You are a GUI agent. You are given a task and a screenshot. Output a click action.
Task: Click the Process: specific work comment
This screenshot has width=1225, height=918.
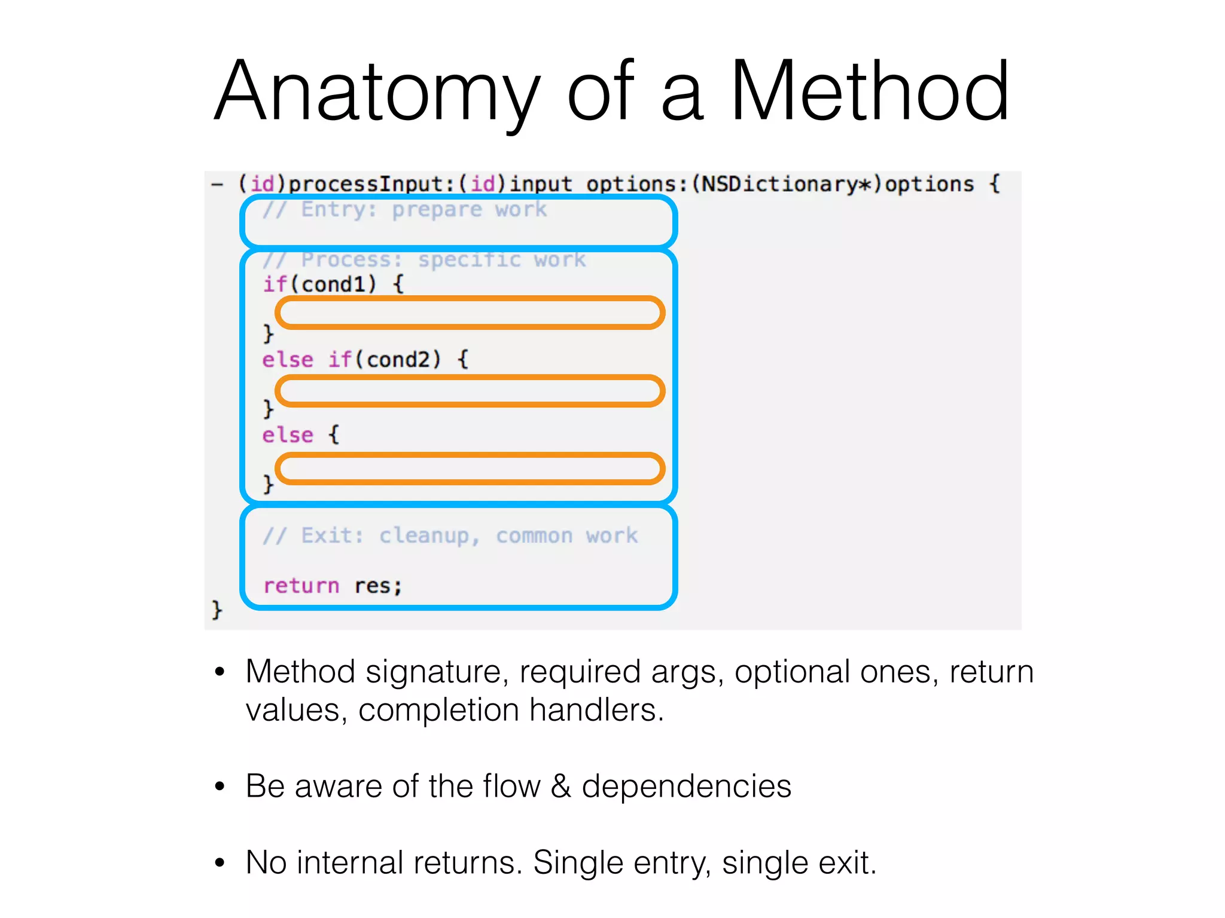[x=425, y=260]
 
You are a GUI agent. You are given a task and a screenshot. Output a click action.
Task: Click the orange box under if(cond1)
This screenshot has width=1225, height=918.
[x=470, y=313]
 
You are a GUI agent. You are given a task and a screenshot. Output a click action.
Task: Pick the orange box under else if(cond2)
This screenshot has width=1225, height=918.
[x=470, y=391]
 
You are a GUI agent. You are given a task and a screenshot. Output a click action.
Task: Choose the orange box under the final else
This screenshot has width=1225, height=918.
[x=470, y=469]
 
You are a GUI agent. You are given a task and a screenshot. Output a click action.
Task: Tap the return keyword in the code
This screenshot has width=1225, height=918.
[x=301, y=586]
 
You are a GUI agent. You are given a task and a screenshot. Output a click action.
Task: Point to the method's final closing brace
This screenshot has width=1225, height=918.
[x=217, y=610]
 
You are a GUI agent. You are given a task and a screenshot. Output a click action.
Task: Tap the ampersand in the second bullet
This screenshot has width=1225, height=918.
[x=560, y=786]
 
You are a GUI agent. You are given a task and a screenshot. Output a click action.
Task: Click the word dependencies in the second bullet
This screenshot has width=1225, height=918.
[x=687, y=786]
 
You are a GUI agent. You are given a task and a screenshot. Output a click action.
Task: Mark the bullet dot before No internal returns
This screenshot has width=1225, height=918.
[x=220, y=863]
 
